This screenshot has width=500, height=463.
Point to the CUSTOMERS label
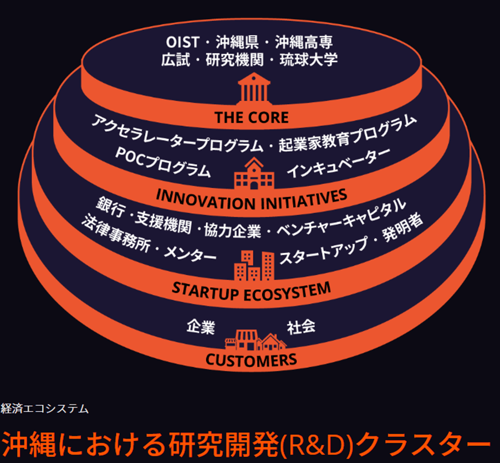[251, 360]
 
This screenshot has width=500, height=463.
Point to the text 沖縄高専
[307, 42]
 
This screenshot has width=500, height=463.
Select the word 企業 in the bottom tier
[200, 327]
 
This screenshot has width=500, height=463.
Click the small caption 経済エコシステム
[45, 409]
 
